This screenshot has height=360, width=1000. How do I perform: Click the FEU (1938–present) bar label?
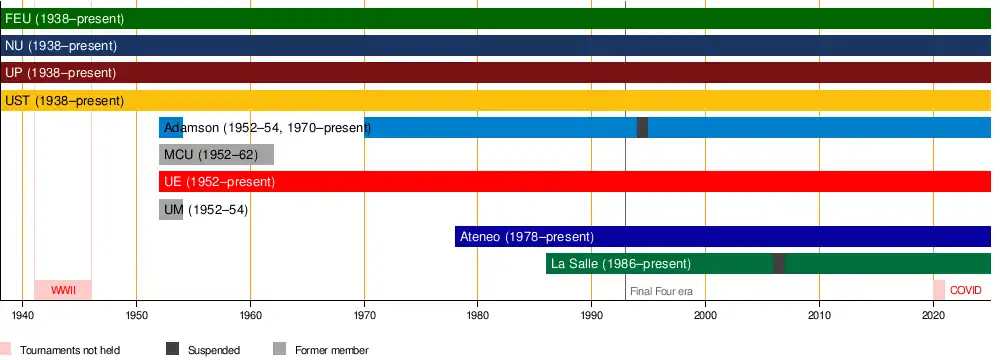point(64,19)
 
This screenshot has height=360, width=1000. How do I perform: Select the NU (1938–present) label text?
point(61,46)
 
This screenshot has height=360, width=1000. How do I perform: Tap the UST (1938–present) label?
point(64,101)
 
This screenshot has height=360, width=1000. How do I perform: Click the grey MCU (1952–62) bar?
point(216,154)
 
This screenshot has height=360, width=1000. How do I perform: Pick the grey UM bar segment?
point(171,209)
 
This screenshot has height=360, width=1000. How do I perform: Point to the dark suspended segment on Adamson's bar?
point(642,128)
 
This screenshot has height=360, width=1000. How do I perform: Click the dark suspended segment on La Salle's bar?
point(779,264)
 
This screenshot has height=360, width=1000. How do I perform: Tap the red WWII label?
point(63,290)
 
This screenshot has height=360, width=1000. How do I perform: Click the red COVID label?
point(966,290)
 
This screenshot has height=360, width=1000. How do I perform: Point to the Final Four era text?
point(661,291)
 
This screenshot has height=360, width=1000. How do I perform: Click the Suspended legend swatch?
point(172,349)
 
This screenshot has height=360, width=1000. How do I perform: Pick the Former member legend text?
point(332,350)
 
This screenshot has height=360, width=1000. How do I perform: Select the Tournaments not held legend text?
point(70,350)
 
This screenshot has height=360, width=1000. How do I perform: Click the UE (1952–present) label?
point(219,182)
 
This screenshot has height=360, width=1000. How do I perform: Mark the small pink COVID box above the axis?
point(939,290)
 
